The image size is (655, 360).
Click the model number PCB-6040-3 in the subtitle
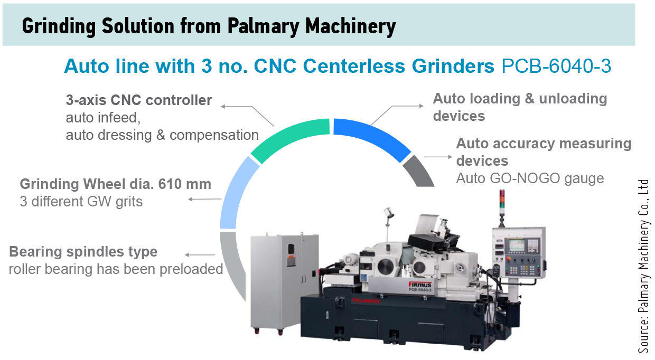pyautogui.click(x=556, y=66)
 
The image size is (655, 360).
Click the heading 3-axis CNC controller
pyautogui.click(x=139, y=100)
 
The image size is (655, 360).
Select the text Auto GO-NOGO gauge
pyautogui.click(x=530, y=178)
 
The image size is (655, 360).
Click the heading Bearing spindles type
pyautogui.click(x=83, y=252)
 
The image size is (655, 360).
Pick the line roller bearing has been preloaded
pyautogui.click(x=116, y=269)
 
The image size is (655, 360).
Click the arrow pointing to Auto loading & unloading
pyautogui.click(x=397, y=115)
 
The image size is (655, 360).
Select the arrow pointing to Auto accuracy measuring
pyautogui.click(x=438, y=157)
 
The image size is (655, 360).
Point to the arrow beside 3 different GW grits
pyautogui.click(x=205, y=200)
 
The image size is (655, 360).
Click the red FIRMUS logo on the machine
pyautogui.click(x=420, y=285)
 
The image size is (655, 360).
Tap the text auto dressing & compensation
pyautogui.click(x=162, y=135)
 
